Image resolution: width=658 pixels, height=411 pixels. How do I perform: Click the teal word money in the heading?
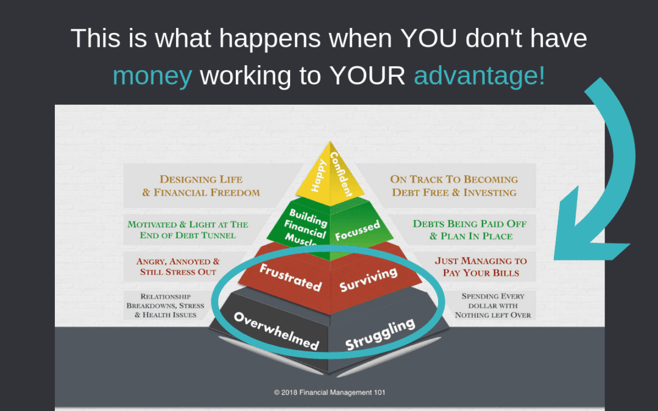tap(152, 76)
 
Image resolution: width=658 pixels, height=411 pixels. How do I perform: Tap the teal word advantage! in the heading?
tap(479, 76)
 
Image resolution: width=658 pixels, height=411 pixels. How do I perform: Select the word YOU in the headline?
tap(428, 38)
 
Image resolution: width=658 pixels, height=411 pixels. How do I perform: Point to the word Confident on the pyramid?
tap(341, 174)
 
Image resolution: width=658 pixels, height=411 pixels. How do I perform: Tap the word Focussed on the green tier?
tap(358, 231)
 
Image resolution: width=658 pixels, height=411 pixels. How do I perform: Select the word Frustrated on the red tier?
tap(291, 278)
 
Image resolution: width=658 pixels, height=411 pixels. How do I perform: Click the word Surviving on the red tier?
tap(368, 279)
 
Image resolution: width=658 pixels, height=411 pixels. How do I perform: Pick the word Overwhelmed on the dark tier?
tap(277, 331)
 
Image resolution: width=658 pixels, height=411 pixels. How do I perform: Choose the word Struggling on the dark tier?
tap(380, 334)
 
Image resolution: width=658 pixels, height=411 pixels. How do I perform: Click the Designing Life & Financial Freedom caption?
tap(201, 186)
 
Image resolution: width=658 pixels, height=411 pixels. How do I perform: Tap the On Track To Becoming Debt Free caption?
tap(454, 186)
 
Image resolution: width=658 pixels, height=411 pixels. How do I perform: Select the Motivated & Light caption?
tap(188, 230)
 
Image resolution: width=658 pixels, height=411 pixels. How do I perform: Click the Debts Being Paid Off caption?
tap(470, 230)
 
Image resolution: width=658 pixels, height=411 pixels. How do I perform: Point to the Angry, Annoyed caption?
tap(178, 267)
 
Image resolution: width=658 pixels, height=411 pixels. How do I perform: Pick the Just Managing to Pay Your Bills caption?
tap(481, 267)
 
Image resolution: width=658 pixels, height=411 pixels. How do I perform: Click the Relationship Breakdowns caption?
tap(165, 306)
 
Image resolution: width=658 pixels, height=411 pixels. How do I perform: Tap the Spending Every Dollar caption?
tap(493, 306)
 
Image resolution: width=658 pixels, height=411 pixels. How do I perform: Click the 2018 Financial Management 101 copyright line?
tap(330, 393)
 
